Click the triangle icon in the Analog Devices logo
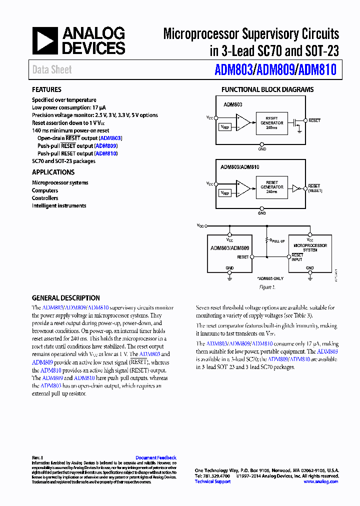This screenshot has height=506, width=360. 44,41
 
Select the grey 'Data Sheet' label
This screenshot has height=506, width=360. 52,70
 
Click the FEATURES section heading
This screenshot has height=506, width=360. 46,89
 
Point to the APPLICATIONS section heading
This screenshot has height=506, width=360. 53,172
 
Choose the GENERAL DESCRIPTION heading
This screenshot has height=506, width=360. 65,297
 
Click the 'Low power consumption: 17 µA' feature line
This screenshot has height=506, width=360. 68,107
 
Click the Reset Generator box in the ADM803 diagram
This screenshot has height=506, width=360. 271,123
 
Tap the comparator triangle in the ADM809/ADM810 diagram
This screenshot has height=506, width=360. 243,188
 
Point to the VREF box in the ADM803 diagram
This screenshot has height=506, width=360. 225,127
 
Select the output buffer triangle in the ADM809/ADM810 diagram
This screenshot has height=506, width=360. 295,188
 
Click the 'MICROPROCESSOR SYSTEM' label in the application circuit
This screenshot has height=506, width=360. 310,247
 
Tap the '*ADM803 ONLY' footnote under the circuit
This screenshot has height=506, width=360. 270,278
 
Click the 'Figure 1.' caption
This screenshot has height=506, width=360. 266,287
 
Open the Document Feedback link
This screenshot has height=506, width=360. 155,457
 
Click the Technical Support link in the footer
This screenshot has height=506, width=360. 212,481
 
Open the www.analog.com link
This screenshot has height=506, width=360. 320,481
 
